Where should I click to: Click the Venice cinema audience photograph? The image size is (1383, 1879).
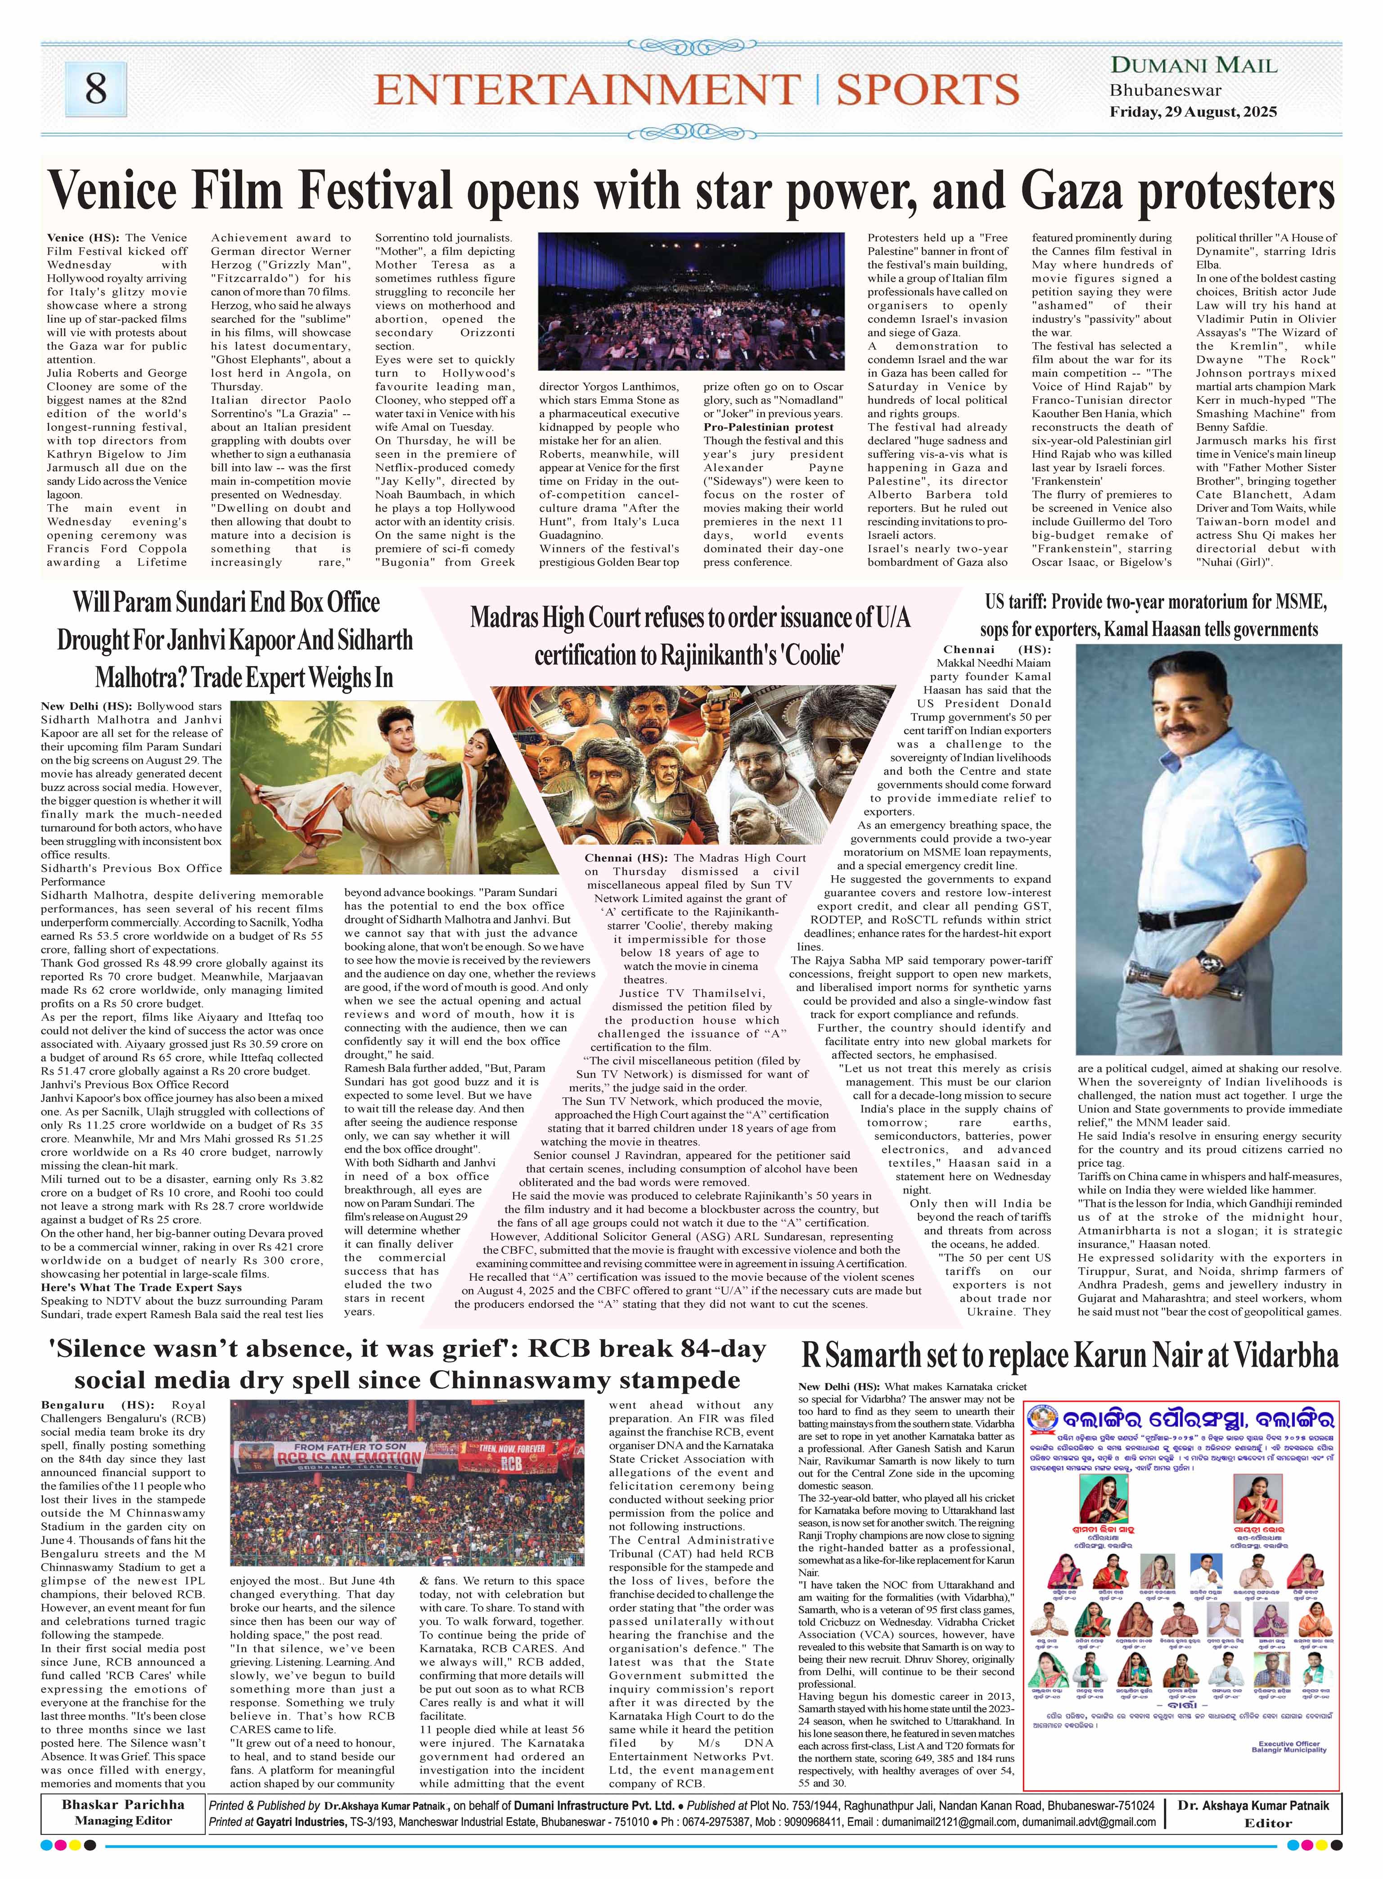(x=691, y=302)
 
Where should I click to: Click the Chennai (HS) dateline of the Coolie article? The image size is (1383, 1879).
(x=626, y=858)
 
